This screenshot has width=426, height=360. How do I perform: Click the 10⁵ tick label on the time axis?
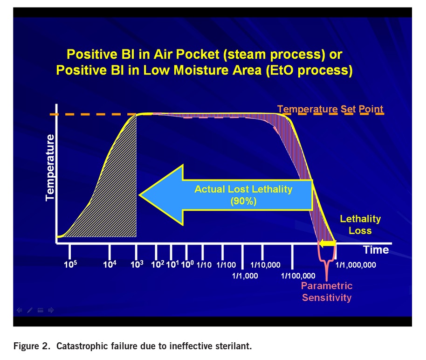71,264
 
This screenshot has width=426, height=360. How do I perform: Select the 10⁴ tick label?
109,264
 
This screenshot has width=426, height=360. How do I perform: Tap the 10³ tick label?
137,264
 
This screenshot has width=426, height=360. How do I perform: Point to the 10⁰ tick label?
187,264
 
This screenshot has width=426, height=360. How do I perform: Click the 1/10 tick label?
204,265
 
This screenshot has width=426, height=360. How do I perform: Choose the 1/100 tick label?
226,265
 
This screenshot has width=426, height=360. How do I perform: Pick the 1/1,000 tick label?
245,276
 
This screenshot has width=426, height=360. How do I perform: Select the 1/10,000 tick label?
265,265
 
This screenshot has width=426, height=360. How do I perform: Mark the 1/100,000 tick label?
298,276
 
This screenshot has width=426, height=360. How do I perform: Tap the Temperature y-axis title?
50,167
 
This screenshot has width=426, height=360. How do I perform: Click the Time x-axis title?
376,249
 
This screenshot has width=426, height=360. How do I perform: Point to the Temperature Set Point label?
330,110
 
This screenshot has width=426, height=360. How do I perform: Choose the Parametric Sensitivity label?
327,291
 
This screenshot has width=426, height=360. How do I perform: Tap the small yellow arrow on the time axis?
327,243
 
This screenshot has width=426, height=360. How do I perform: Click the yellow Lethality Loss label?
360,224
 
